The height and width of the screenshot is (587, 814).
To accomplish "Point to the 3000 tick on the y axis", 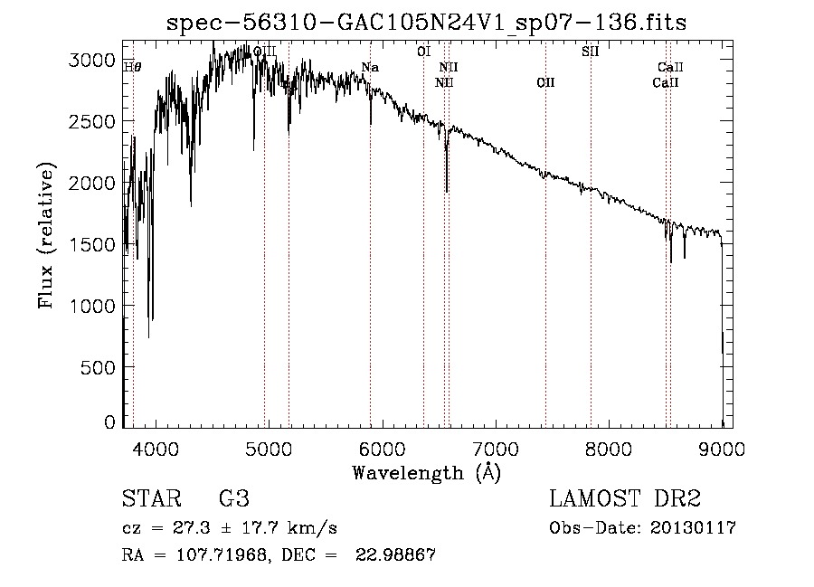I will (96, 60).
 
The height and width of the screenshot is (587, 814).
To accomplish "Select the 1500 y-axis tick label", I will (96, 244).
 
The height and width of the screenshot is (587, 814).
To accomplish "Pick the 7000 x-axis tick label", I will (496, 448).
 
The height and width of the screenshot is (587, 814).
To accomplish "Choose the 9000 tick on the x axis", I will (723, 448).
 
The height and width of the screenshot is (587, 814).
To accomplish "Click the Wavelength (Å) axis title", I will (426, 471).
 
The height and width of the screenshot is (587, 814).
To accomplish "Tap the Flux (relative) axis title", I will (47, 235).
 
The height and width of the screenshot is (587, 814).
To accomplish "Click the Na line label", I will (370, 67).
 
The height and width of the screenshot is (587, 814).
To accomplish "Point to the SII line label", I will (590, 52).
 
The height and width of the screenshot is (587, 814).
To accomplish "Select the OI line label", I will (423, 52).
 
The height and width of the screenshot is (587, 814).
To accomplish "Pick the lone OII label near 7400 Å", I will (545, 83).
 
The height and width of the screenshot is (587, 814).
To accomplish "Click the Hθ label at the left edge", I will (132, 66).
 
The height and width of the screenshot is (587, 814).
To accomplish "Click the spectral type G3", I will (233, 499).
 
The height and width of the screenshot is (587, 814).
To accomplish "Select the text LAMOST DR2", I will (625, 499).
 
